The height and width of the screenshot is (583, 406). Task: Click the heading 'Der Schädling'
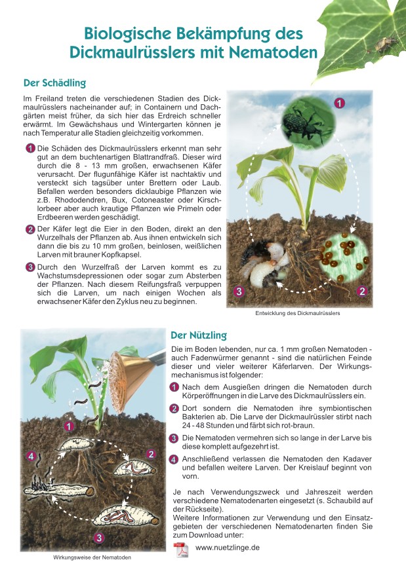point(54,83)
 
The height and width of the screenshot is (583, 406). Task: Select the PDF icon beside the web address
point(180,549)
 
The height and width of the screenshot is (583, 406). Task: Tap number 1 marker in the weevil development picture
point(339,103)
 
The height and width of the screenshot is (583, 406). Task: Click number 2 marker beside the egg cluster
point(361,291)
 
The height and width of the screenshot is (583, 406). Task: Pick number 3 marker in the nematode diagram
point(98,538)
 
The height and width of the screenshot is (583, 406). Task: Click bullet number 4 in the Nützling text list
point(174,459)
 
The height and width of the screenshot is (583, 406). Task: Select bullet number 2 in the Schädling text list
point(30,229)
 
